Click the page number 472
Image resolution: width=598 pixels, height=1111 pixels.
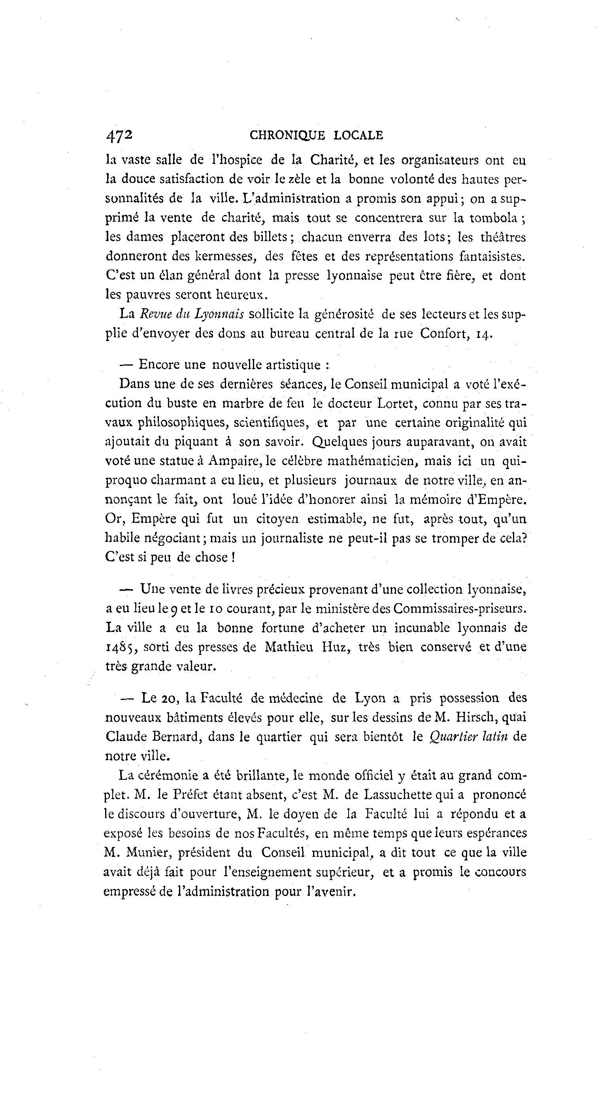(x=119, y=135)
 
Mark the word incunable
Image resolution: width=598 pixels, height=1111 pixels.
(x=422, y=628)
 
